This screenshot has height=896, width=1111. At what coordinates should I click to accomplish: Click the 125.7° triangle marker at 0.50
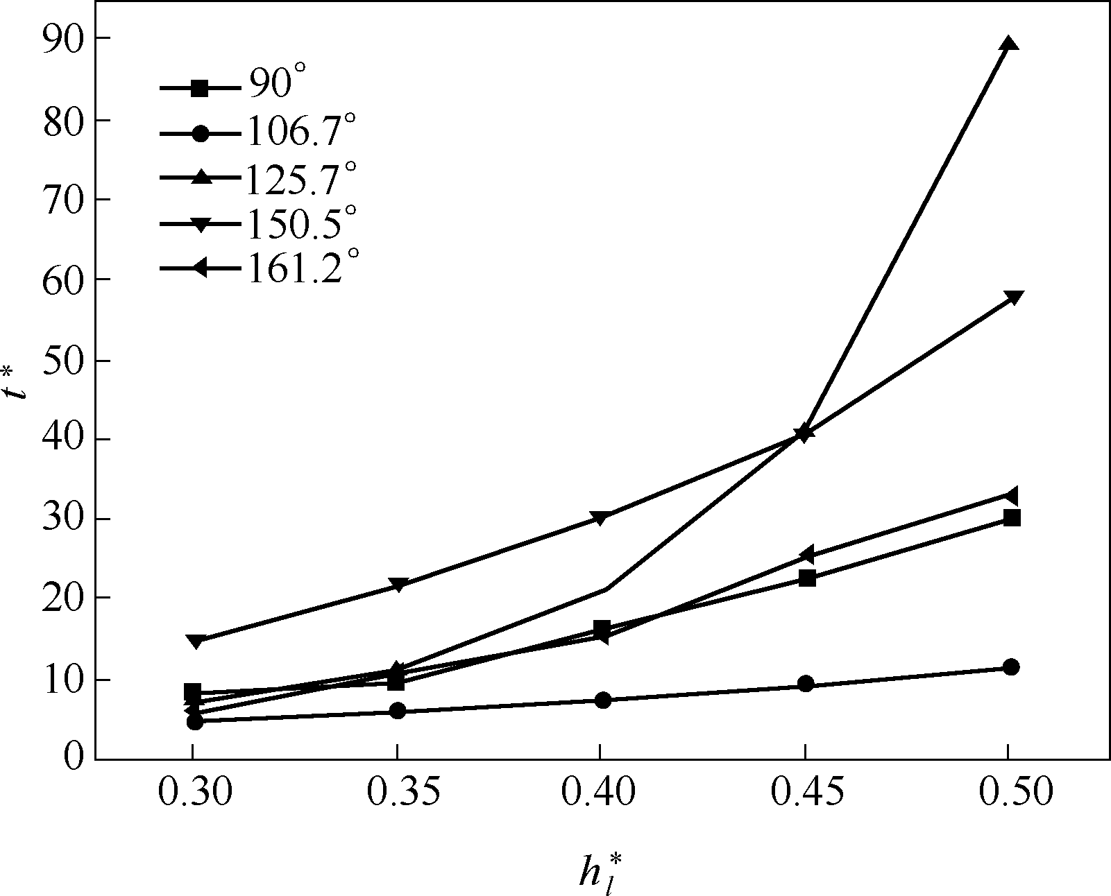1010,44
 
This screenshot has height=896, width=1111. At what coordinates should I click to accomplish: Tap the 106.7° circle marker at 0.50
1011,667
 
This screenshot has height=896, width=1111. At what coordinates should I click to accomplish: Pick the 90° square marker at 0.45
807,578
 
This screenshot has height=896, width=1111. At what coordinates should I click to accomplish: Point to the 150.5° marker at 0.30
195,641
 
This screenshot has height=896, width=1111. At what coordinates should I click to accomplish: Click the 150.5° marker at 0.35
398,585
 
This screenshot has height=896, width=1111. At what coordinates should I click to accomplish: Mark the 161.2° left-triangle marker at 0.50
1010,496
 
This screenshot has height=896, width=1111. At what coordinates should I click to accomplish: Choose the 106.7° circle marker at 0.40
603,700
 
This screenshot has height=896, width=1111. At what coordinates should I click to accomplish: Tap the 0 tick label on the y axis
73,758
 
